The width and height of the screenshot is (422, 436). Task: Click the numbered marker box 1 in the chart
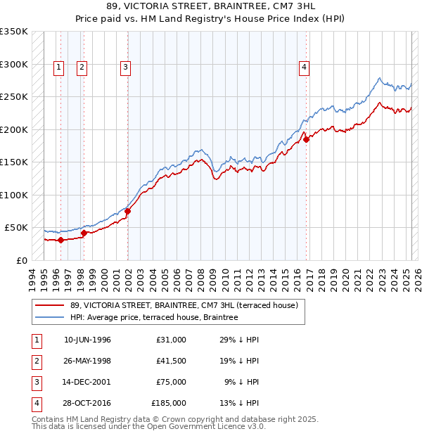(58, 68)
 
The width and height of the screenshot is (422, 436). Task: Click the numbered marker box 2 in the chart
(82, 68)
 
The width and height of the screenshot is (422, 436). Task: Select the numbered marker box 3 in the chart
(125, 68)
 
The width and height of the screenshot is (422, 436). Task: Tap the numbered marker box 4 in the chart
(304, 68)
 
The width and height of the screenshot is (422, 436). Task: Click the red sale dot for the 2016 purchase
(307, 139)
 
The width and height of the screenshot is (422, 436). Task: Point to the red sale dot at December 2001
(128, 211)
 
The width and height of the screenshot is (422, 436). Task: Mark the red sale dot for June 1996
(60, 240)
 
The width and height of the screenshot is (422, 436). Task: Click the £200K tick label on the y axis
(13, 129)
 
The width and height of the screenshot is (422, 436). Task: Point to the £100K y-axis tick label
(13, 195)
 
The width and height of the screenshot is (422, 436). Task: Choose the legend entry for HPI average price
(154, 317)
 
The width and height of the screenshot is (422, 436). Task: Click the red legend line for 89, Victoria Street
(49, 305)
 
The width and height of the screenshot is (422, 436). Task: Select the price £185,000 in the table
(169, 403)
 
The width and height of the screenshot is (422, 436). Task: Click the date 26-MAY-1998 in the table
(87, 361)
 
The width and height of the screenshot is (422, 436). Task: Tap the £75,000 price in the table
(171, 382)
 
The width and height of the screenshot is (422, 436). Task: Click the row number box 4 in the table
(34, 403)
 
